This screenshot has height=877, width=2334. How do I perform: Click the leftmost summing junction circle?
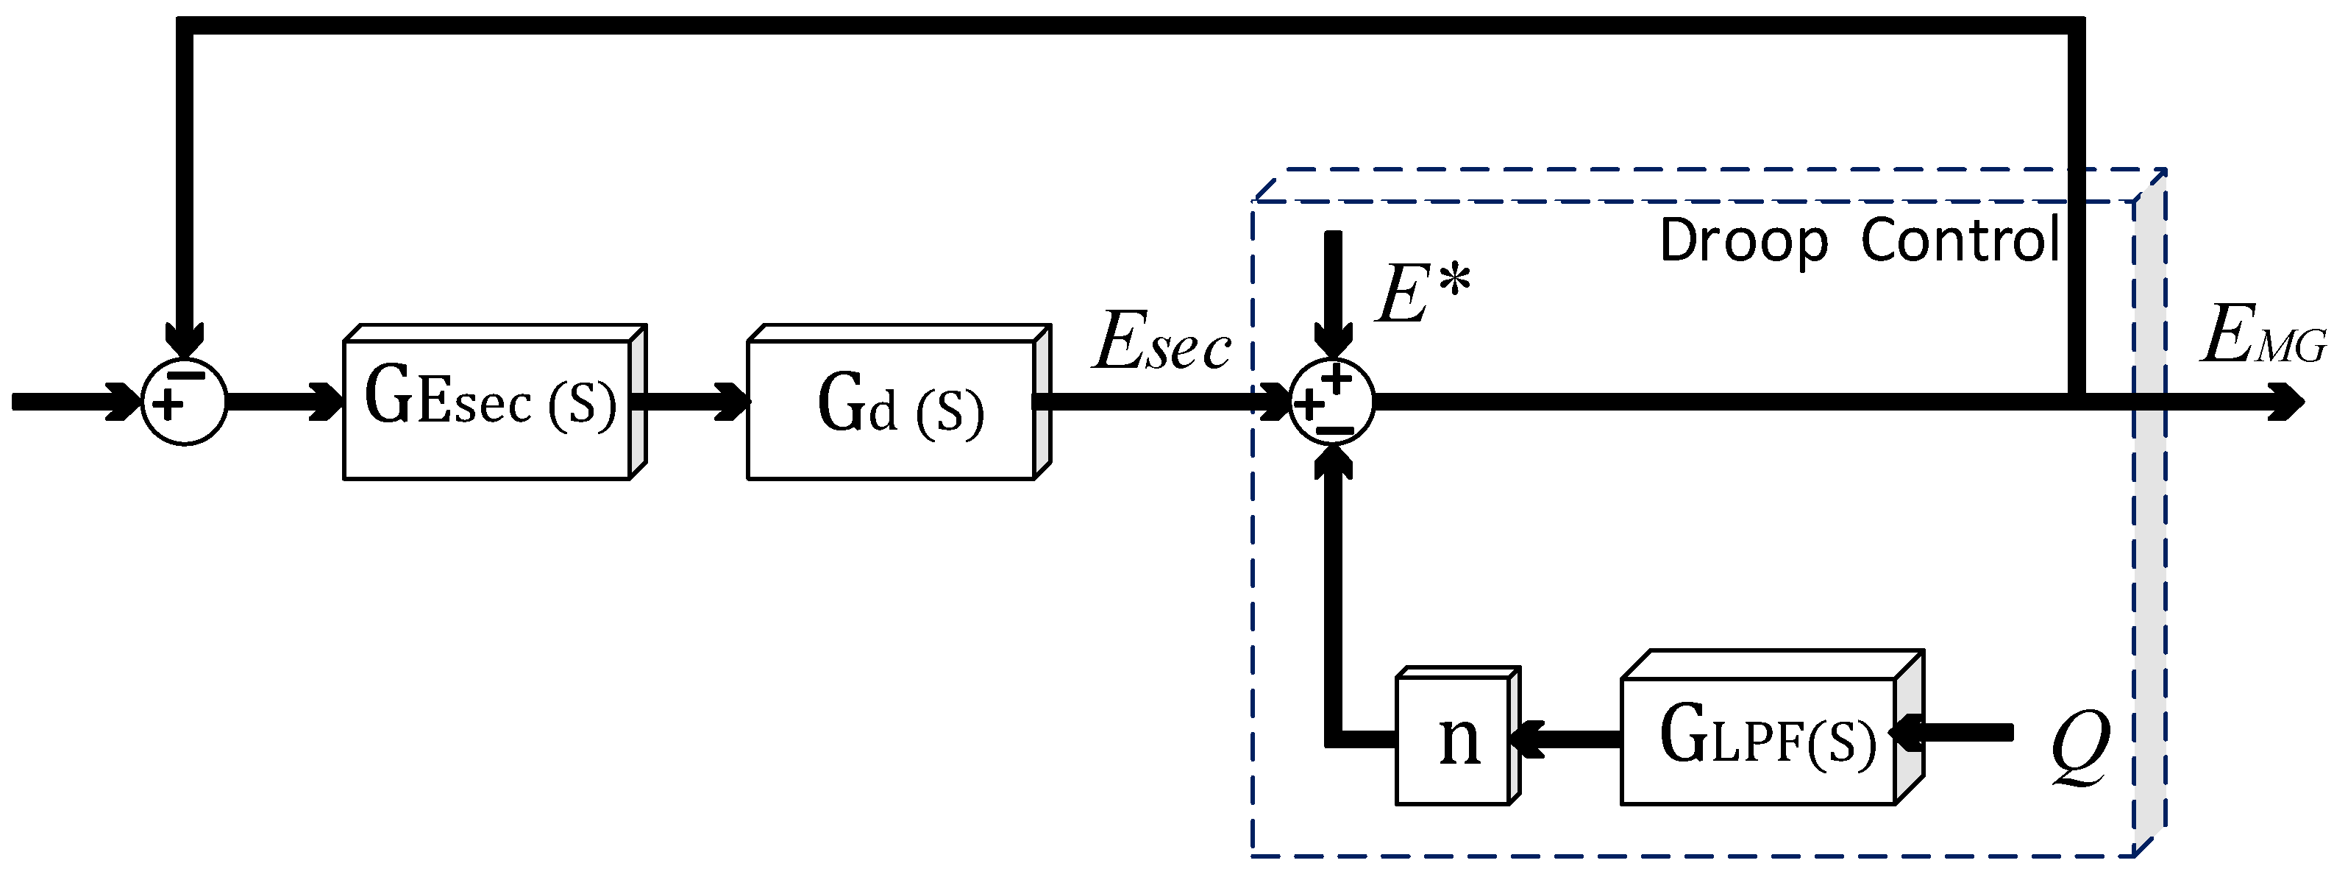pyautogui.click(x=185, y=402)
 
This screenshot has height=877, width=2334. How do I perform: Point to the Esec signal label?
pyautogui.click(x=1162, y=342)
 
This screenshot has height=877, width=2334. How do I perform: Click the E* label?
pyautogui.click(x=1423, y=294)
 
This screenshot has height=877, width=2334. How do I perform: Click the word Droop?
pyautogui.click(x=1743, y=241)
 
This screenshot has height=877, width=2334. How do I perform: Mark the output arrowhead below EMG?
pyautogui.click(x=2287, y=402)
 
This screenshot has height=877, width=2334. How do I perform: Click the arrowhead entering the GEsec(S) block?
pyautogui.click(x=326, y=402)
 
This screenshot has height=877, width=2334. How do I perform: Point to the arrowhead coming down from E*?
pyautogui.click(x=1333, y=340)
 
